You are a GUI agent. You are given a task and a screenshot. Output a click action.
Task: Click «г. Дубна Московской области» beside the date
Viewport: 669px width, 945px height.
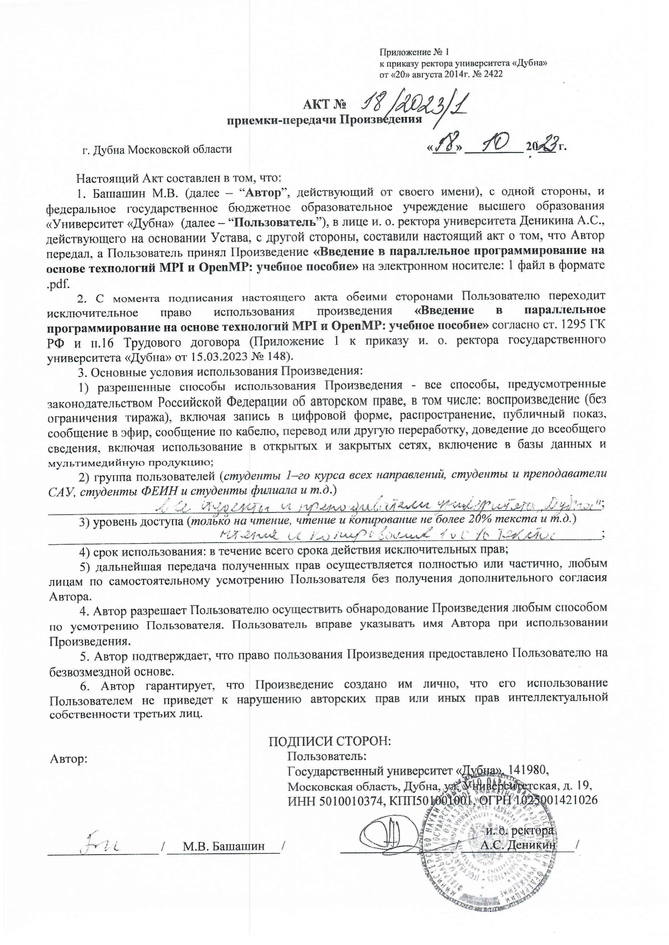[x=157, y=149]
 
